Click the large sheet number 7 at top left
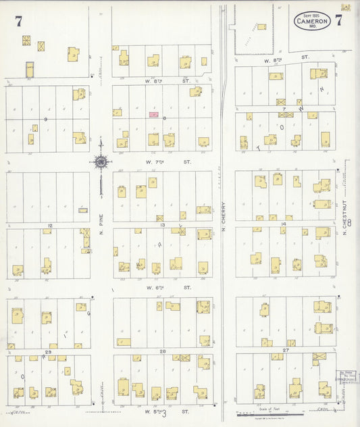click(18, 21)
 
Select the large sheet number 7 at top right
click(338, 20)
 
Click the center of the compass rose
click(101, 161)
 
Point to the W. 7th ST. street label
click(160, 162)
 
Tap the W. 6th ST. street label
click(160, 287)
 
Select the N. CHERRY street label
click(224, 220)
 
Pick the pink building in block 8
click(154, 115)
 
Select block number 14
click(284, 224)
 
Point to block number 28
click(162, 351)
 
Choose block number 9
click(47, 119)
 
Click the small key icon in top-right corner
click(346, 6)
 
